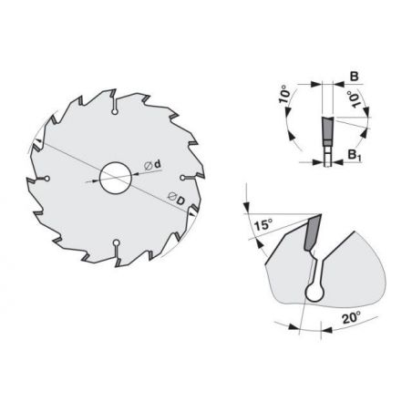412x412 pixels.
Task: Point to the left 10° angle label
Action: [x=286, y=95]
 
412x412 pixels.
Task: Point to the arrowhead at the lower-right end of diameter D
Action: [x=194, y=211]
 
